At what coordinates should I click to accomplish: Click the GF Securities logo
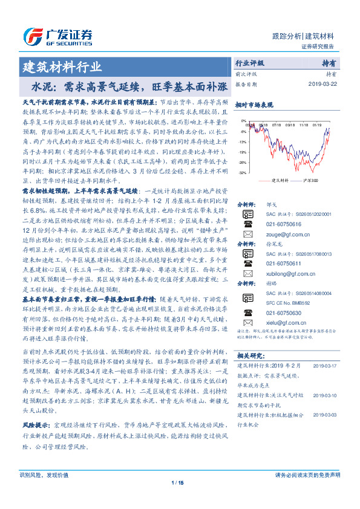pos(57,35)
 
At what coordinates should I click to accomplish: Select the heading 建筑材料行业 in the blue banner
pos(62,66)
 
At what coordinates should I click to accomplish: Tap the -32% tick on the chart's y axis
pos(243,172)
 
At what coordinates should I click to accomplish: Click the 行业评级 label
pos(249,63)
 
